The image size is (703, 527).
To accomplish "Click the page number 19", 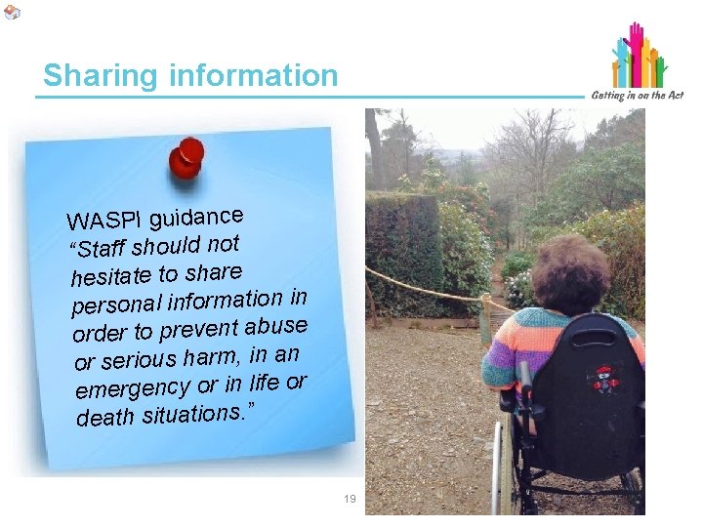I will (350, 499).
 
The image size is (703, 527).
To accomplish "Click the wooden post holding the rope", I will (485, 318).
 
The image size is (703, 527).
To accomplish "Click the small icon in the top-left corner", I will (12, 12).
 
